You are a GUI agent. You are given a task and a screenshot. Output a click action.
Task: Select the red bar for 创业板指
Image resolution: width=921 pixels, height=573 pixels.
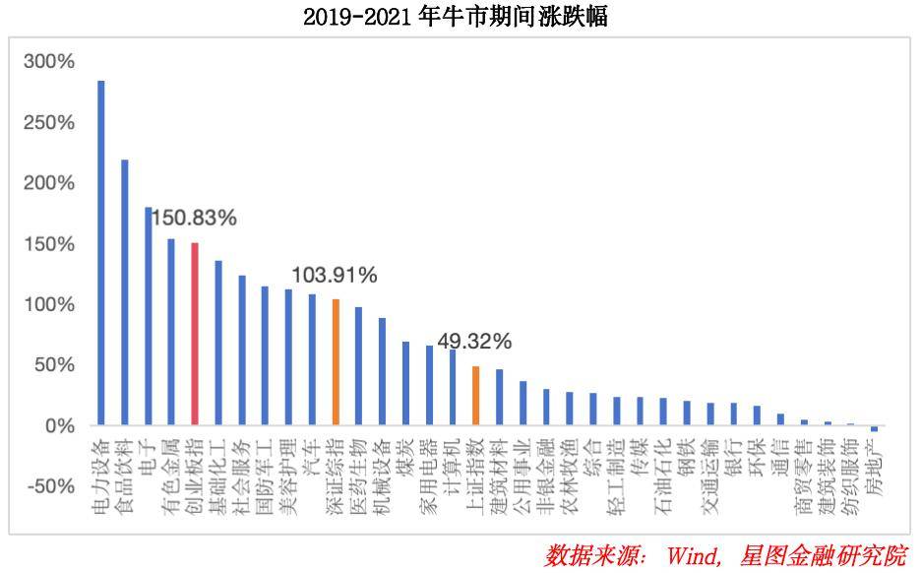pos(195,334)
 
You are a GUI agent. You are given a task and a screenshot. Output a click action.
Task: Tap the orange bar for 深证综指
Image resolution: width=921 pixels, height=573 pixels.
pos(336,362)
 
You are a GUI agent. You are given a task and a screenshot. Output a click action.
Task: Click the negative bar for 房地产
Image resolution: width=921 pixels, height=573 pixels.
pos(874,428)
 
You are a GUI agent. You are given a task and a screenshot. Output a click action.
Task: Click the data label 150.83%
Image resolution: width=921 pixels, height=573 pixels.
pos(193,219)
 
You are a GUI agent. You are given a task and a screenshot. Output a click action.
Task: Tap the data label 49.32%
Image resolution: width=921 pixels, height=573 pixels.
pos(474,342)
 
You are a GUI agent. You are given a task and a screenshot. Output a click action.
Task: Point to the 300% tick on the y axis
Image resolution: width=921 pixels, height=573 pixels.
pos(49,62)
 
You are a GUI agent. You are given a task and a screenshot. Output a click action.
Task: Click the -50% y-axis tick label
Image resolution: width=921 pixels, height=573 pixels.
pos(49,487)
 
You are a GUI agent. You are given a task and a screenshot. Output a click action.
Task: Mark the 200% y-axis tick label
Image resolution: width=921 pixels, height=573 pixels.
pos(49,183)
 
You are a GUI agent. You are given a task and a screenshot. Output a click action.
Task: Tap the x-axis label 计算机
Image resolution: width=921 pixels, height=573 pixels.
pos(452,459)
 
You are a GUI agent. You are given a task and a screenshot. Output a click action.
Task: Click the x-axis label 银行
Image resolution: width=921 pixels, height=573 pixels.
pos(733,453)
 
